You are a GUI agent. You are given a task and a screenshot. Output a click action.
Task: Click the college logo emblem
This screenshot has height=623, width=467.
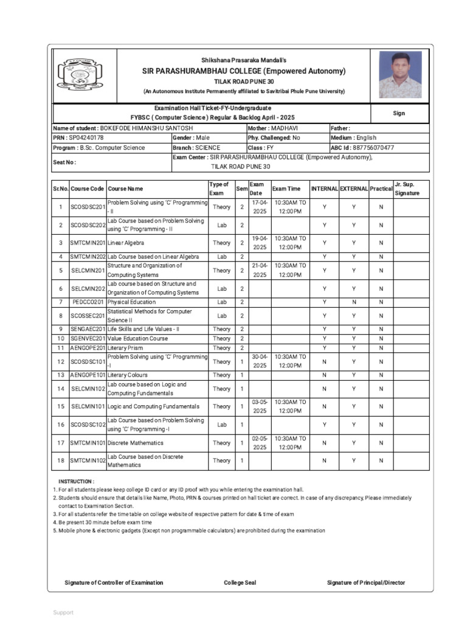(x=76, y=74)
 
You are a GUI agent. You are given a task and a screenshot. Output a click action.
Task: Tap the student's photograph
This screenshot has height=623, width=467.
(x=400, y=74)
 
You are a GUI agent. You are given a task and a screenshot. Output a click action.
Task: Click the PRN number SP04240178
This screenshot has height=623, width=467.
(x=86, y=138)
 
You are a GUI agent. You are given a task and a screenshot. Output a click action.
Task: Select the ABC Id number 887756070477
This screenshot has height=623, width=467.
(x=373, y=148)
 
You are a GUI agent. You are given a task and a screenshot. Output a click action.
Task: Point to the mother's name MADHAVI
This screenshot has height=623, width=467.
(x=285, y=128)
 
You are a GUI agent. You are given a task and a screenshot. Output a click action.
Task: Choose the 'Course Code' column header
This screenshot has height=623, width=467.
(x=88, y=189)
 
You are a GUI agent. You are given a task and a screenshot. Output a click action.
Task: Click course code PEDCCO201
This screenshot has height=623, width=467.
(x=88, y=302)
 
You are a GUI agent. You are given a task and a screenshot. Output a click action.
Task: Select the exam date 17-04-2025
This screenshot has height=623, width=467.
(x=260, y=207)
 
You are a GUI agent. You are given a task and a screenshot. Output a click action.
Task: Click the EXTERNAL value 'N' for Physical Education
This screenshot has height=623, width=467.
(x=354, y=302)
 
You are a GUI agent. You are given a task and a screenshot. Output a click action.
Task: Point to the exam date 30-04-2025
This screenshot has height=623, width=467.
(x=260, y=361)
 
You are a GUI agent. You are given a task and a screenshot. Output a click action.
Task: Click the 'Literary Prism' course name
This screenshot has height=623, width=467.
(x=125, y=348)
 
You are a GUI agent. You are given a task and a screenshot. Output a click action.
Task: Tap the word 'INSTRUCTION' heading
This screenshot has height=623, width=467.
(x=76, y=481)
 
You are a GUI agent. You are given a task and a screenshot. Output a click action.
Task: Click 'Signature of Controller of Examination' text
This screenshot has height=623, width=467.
(x=114, y=583)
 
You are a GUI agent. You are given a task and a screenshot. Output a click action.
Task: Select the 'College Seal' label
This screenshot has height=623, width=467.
(x=240, y=583)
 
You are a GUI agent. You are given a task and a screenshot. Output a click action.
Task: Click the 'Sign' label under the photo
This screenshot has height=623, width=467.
(x=399, y=113)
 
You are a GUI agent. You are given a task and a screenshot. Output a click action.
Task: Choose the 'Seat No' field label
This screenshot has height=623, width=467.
(x=64, y=162)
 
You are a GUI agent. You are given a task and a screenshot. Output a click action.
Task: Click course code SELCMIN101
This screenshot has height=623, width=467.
(x=88, y=406)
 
